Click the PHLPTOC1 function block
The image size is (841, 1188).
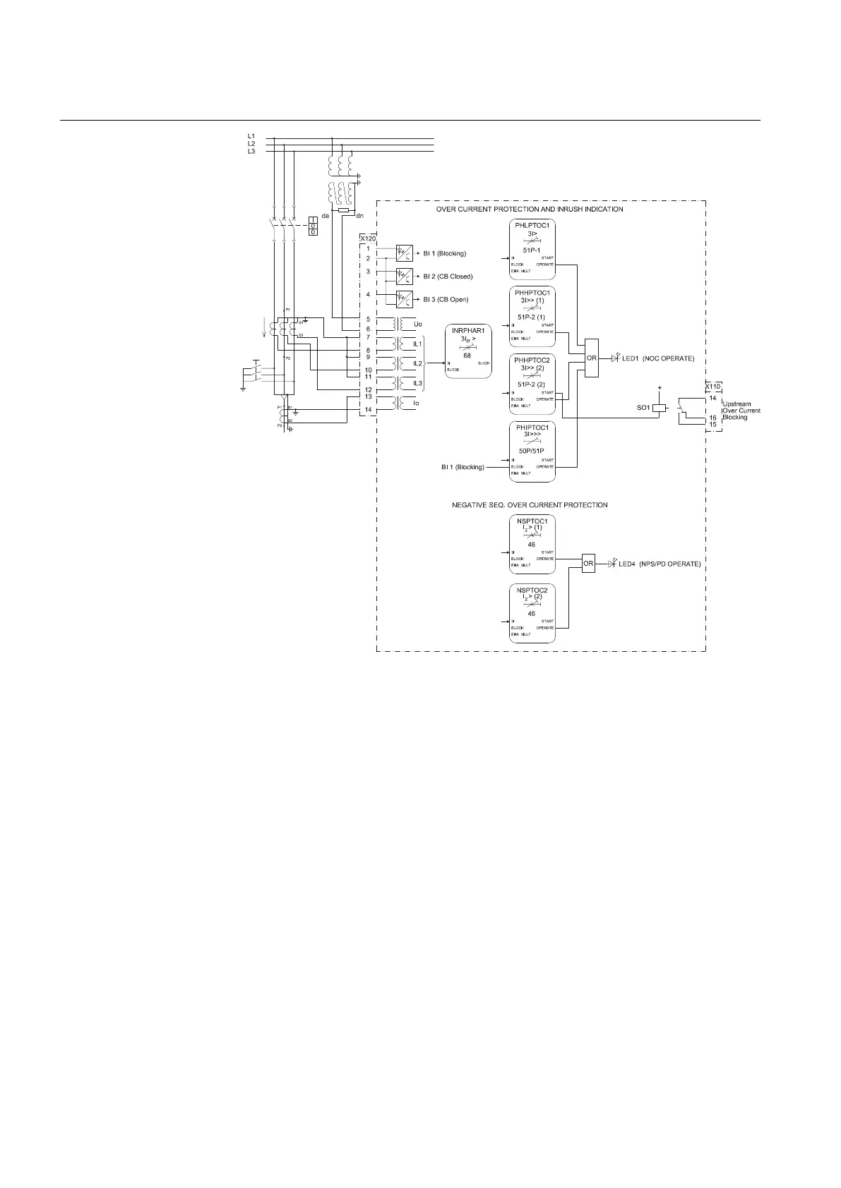(x=532, y=249)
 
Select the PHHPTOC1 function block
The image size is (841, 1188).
(x=532, y=317)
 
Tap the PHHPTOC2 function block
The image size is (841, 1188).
(x=532, y=384)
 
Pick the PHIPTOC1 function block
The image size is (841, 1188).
(x=532, y=451)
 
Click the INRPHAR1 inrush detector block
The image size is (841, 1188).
(x=467, y=352)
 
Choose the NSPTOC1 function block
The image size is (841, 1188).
(x=532, y=544)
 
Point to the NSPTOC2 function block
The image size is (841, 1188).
(x=532, y=613)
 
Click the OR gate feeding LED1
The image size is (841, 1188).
(x=592, y=358)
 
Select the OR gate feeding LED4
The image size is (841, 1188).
(x=588, y=563)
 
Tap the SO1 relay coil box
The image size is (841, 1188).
(x=659, y=408)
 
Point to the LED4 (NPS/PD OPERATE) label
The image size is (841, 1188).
(x=660, y=564)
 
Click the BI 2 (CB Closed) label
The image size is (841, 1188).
(x=448, y=277)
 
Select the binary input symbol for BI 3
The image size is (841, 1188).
(x=404, y=300)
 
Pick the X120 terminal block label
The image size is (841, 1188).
(x=368, y=238)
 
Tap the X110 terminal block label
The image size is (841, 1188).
(x=712, y=386)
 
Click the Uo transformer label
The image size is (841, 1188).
(x=417, y=324)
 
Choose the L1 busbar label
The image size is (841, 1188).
(x=251, y=135)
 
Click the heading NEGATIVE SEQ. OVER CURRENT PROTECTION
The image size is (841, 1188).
(x=530, y=505)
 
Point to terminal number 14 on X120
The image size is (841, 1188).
(x=368, y=410)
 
